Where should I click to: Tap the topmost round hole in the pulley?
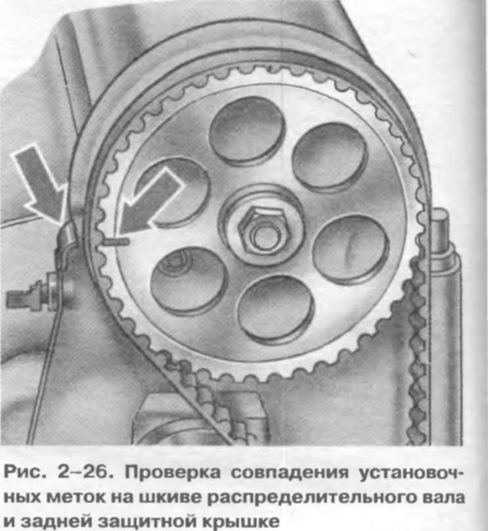tap(246, 130)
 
